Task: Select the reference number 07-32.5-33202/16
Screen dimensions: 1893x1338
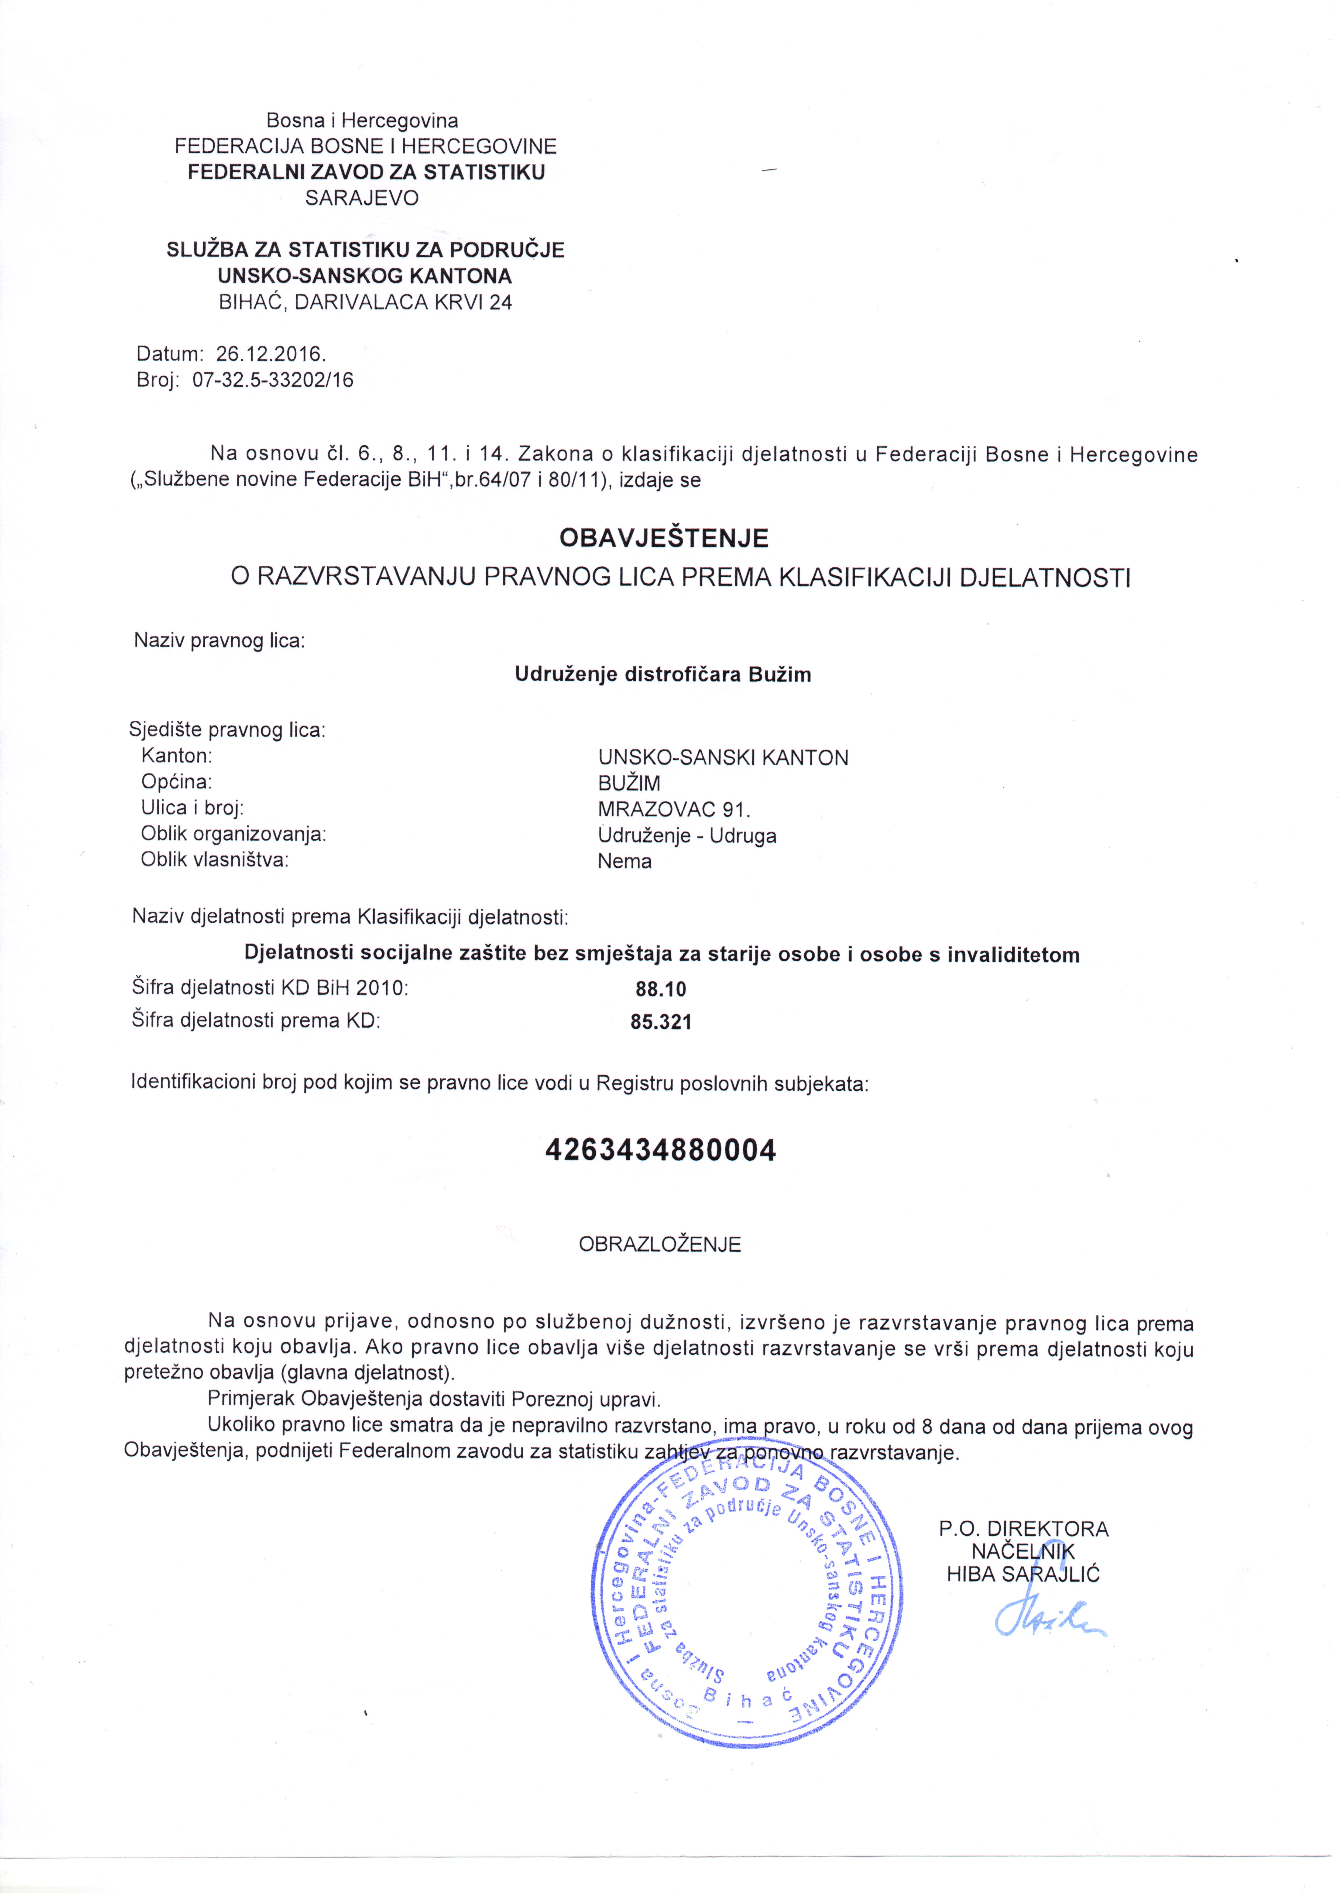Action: [273, 380]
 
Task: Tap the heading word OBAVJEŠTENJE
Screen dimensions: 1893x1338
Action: [664, 538]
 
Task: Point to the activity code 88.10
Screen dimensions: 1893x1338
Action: [660, 988]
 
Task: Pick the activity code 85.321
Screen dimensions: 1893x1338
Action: [660, 1022]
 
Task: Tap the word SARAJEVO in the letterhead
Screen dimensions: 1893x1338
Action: [362, 198]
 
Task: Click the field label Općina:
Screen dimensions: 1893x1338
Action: [176, 781]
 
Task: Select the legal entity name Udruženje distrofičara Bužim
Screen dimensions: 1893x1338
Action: [663, 675]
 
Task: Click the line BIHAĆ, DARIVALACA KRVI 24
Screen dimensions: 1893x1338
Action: [365, 303]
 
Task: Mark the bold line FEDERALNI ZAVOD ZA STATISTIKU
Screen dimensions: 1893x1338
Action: [366, 172]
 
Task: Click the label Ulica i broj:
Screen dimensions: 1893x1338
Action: [192, 807]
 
